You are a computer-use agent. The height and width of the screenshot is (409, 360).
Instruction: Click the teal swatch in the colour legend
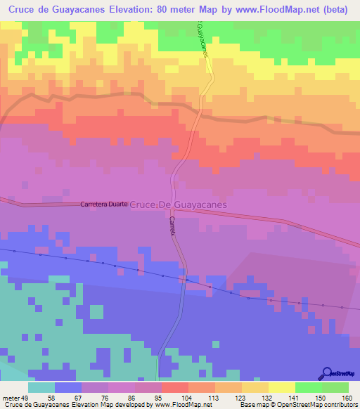point(41,388)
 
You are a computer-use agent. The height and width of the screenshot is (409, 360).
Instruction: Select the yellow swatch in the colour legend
point(282,388)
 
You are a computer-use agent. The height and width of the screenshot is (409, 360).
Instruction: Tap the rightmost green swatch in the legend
point(335,388)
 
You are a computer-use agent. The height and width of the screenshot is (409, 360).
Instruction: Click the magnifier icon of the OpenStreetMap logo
point(326,374)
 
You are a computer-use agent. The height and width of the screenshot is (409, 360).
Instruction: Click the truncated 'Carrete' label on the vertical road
point(172,226)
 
